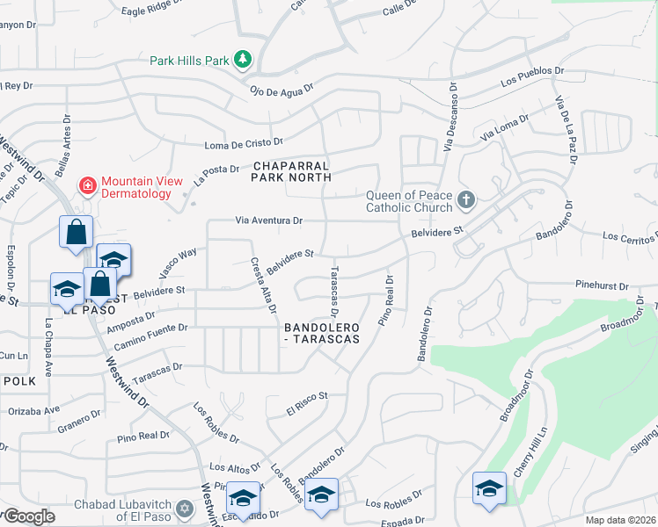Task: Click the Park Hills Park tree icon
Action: pos(243,60)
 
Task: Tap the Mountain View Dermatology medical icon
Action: pos(87,185)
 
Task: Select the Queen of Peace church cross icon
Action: pos(466,201)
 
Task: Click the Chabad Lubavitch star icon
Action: pos(184,508)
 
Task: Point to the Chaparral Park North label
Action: pos(290,170)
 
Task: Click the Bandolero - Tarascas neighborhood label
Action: pos(322,332)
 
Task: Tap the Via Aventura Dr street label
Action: pos(269,220)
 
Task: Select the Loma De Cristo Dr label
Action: pos(243,142)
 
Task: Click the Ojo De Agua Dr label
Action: pos(281,90)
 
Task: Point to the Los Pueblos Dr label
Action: pos(531,76)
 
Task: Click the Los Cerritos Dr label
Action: pos(630,236)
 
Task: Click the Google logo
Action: pos(28,516)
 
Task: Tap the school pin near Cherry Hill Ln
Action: pos(489,488)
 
